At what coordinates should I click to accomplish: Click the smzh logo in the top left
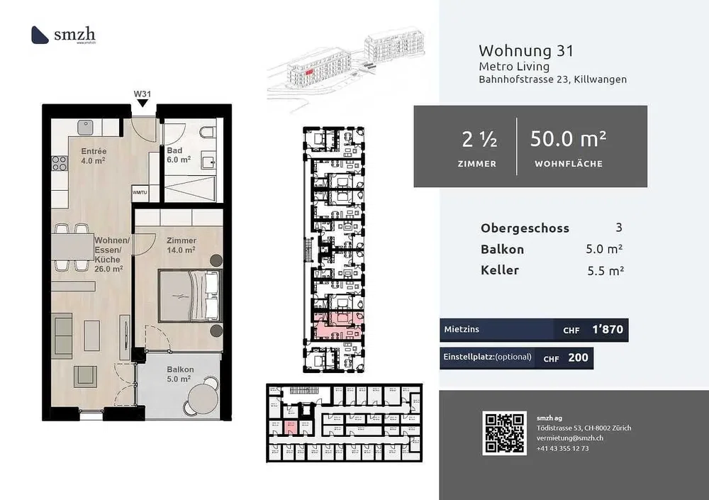[65, 35]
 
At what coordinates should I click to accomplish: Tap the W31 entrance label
[143, 94]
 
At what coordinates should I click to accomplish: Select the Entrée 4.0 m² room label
[94, 156]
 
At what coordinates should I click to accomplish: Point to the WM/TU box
[140, 192]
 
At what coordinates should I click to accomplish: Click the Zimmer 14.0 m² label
[182, 245]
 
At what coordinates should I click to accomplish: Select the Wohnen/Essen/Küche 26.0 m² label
[110, 255]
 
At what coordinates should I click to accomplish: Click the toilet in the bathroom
[206, 133]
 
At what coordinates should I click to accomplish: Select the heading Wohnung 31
[525, 51]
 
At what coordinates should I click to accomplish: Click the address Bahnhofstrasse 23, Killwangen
[552, 79]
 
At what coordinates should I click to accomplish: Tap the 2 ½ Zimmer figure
[478, 140]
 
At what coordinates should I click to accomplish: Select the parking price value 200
[578, 357]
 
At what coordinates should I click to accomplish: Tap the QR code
[504, 433]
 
